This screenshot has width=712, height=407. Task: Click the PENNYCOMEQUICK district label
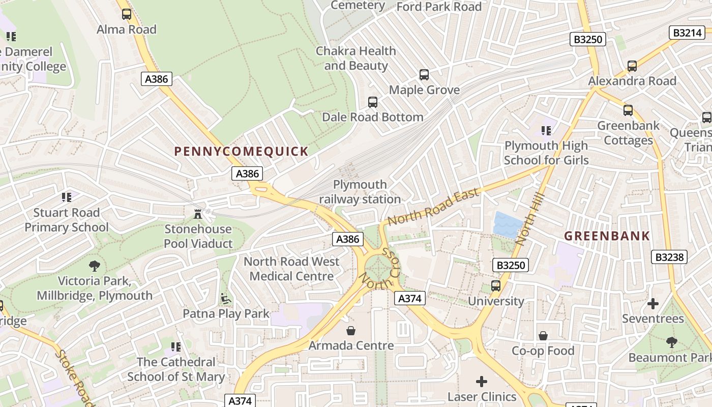click(241, 151)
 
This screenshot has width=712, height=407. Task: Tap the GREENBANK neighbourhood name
click(607, 236)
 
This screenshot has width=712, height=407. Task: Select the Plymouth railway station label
click(360, 192)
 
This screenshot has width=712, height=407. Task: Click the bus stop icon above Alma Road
click(127, 15)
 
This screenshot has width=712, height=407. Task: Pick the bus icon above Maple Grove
click(424, 75)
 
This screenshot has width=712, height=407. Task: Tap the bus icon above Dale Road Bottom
click(373, 102)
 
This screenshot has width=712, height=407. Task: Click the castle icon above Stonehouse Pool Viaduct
click(198, 214)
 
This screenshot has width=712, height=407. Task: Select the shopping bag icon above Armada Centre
click(350, 331)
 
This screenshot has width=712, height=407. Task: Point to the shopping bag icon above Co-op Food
click(543, 336)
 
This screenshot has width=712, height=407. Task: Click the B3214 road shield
click(687, 33)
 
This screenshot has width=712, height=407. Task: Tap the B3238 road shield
click(669, 257)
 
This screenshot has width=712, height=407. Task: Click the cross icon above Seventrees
click(653, 304)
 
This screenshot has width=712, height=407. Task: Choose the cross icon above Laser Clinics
click(481, 381)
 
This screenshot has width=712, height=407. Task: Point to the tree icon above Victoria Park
click(94, 266)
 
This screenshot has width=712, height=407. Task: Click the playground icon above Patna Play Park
click(226, 299)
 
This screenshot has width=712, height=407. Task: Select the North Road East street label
click(433, 207)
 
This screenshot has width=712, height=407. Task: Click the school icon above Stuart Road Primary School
click(67, 197)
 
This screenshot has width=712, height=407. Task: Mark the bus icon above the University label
click(496, 286)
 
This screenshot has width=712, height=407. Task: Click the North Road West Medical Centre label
click(291, 269)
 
